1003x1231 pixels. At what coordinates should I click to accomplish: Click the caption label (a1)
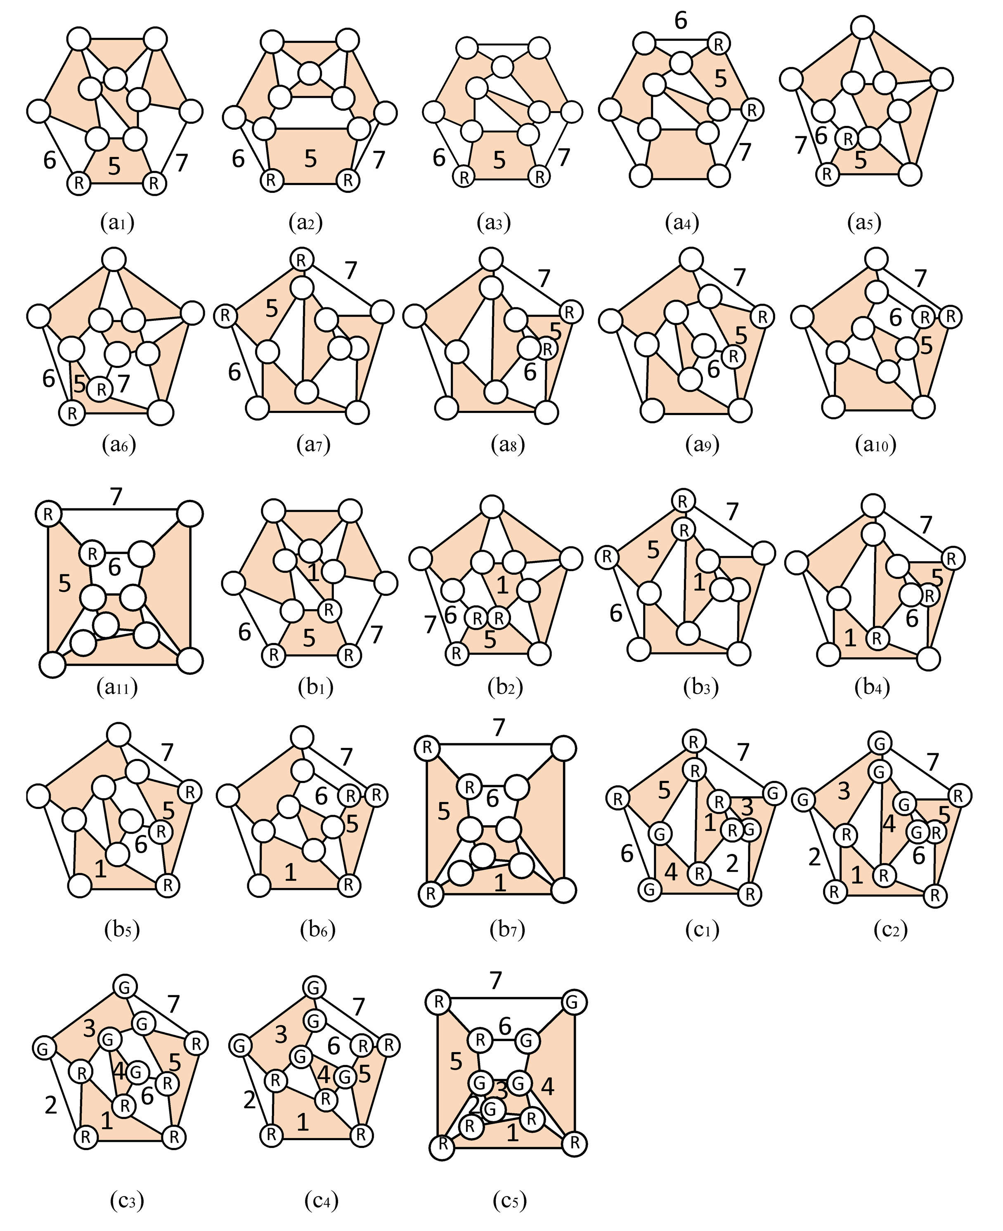[x=117, y=223]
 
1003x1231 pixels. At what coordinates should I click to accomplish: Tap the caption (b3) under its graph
[x=701, y=687]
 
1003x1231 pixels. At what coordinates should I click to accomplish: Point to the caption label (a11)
[x=118, y=687]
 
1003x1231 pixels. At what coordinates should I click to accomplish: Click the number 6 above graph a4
[x=681, y=21]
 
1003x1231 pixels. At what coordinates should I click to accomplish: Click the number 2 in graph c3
[x=51, y=1105]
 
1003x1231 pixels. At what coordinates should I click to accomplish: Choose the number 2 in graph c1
[x=732, y=863]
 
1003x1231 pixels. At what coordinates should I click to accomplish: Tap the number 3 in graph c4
[x=281, y=1034]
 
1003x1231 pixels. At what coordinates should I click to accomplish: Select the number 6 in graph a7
[x=234, y=372]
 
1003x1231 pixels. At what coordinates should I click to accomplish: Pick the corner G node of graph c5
[x=572, y=1001]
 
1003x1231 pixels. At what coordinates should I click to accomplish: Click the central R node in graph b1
[x=329, y=610]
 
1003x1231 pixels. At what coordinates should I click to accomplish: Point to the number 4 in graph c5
[x=547, y=1087]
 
